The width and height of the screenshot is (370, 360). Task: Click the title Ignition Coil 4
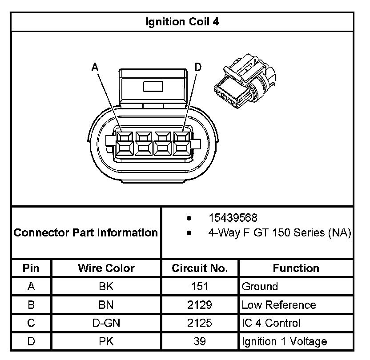click(x=182, y=21)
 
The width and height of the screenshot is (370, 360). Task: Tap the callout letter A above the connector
click(x=94, y=67)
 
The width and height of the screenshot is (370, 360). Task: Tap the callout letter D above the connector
click(x=198, y=67)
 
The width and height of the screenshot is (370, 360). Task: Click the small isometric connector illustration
click(x=246, y=84)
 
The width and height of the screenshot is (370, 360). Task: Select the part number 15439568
click(x=233, y=218)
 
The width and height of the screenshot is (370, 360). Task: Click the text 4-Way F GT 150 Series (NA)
click(x=280, y=232)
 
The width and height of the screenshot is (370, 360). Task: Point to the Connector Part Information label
click(x=86, y=232)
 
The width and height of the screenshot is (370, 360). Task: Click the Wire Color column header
click(x=106, y=268)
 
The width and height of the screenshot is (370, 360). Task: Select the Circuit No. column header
click(x=200, y=268)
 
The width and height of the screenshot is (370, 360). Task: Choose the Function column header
click(x=296, y=268)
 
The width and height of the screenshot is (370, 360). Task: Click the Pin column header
click(x=31, y=268)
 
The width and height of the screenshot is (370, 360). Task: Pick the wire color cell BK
click(x=106, y=287)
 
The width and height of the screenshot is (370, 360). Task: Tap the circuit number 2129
click(x=200, y=305)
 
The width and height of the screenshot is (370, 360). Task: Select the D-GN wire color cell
click(x=106, y=323)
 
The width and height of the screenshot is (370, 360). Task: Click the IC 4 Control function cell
click(x=271, y=323)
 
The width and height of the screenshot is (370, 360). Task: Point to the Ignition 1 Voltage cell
click(x=284, y=341)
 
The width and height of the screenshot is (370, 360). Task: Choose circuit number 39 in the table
click(x=200, y=341)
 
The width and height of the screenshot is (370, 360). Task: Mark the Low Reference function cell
click(x=278, y=305)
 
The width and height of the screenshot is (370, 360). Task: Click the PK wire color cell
click(x=106, y=341)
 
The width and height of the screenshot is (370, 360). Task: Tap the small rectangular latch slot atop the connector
click(x=153, y=86)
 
